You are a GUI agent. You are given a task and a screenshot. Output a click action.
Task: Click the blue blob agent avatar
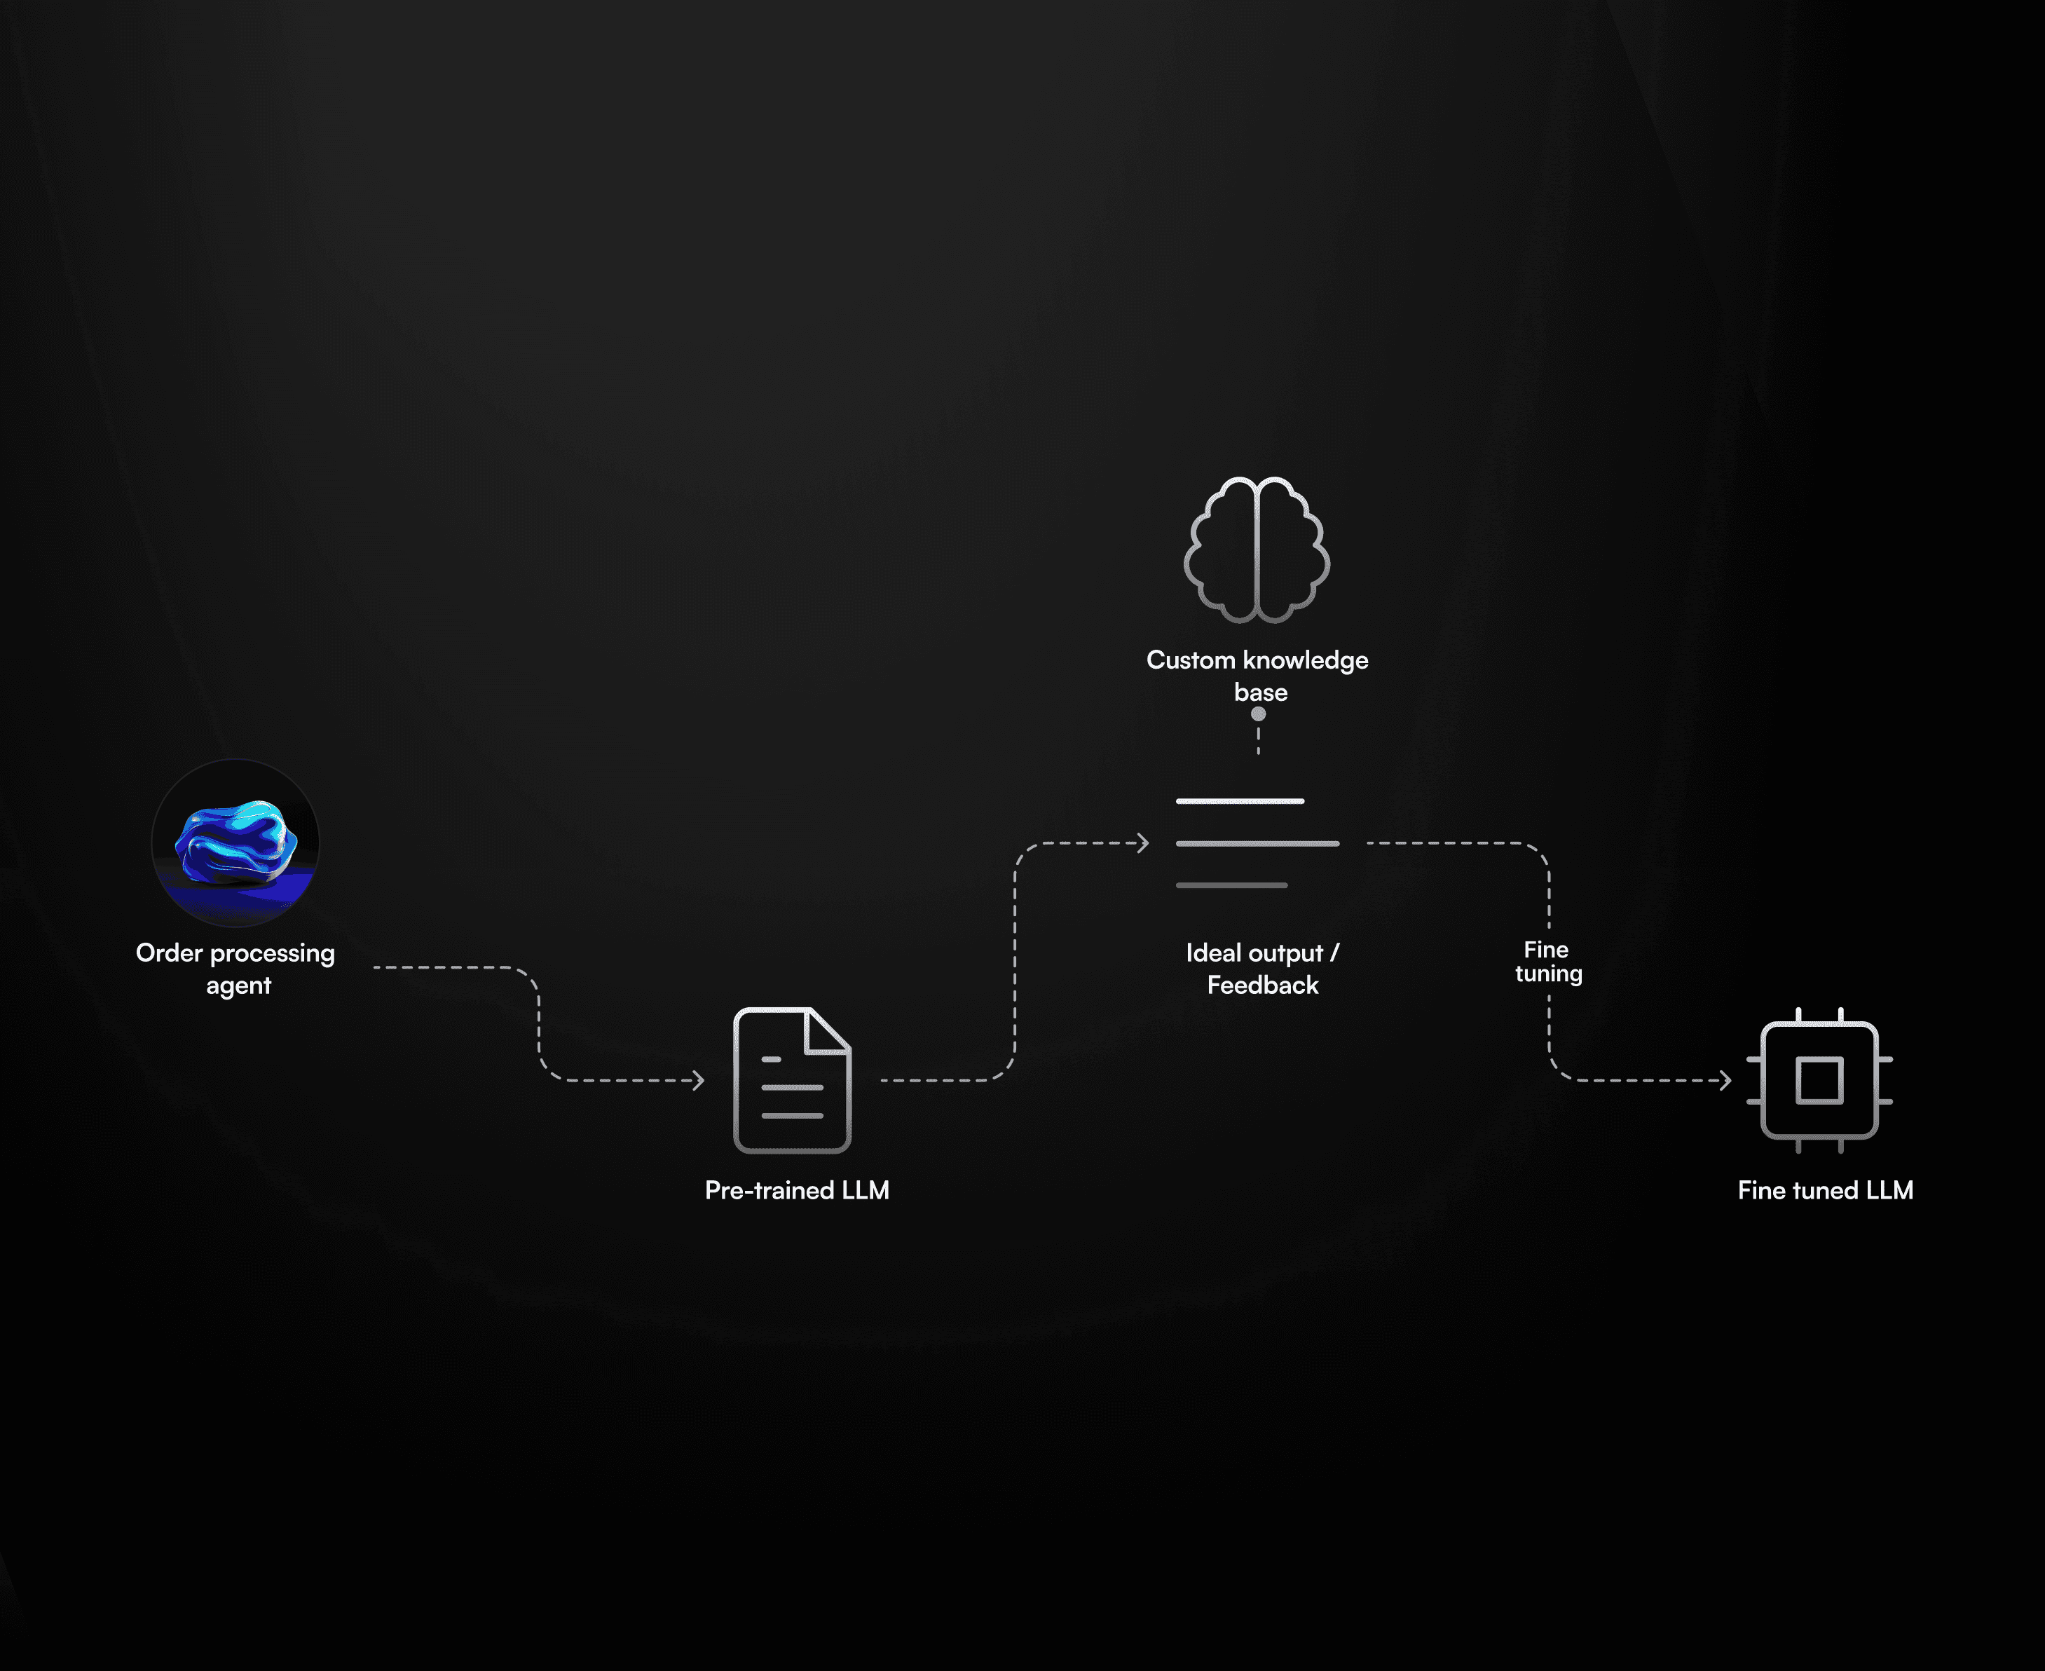pos(235,843)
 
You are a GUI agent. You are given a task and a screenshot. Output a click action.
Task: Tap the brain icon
pos(1257,550)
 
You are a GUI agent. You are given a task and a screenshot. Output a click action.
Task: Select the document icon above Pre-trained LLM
pos(792,1080)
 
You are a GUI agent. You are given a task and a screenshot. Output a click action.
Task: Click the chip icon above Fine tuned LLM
pos(1819,1080)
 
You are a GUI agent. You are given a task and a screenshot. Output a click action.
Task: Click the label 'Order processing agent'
pos(235,969)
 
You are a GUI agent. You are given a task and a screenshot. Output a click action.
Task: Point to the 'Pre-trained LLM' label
pos(797,1191)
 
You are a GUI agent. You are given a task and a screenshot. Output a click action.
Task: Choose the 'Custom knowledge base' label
pos(1257,676)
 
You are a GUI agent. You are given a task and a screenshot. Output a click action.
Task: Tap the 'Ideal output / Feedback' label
pos(1261,969)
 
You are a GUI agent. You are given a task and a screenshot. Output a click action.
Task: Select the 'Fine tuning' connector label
pos(1547,962)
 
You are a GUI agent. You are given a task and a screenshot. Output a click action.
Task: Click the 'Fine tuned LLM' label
pos(1825,1191)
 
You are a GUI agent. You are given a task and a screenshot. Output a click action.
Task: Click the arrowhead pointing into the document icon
pos(699,1081)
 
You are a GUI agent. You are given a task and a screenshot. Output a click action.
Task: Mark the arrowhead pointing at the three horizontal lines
pos(1143,843)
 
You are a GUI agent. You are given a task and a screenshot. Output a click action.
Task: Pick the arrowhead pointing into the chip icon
pos(1725,1081)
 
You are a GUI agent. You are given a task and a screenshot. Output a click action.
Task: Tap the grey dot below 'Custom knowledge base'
pos(1258,714)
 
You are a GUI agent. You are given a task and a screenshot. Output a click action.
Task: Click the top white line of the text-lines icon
pos(1240,801)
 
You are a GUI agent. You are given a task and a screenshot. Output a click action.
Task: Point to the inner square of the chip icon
pos(1819,1080)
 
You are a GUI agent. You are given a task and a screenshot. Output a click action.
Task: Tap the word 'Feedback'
pos(1263,985)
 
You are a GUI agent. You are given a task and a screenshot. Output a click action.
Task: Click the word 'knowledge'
pos(1305,660)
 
